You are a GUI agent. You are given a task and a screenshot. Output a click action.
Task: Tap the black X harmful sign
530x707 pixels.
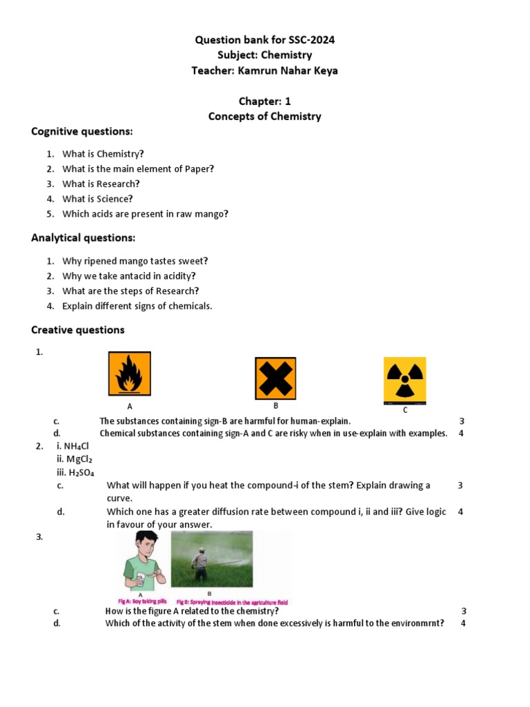275,378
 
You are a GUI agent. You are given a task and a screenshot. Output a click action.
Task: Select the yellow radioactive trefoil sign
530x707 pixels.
404,380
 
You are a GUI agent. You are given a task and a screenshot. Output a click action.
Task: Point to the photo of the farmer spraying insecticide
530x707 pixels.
211,559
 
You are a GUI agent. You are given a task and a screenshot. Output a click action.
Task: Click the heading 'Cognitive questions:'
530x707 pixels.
81,131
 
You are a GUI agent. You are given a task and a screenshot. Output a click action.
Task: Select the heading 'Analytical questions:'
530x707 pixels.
84,238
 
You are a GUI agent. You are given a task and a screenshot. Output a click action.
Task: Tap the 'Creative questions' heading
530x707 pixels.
78,330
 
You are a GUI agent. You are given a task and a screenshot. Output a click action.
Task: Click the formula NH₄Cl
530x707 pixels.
79,447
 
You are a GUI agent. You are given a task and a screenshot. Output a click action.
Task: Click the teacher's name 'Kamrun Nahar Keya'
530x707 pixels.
287,70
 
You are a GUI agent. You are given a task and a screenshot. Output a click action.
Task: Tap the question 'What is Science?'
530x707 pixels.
97,199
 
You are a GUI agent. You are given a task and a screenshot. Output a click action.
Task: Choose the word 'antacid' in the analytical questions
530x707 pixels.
130,276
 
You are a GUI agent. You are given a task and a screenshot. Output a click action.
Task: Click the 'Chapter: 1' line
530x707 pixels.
265,101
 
